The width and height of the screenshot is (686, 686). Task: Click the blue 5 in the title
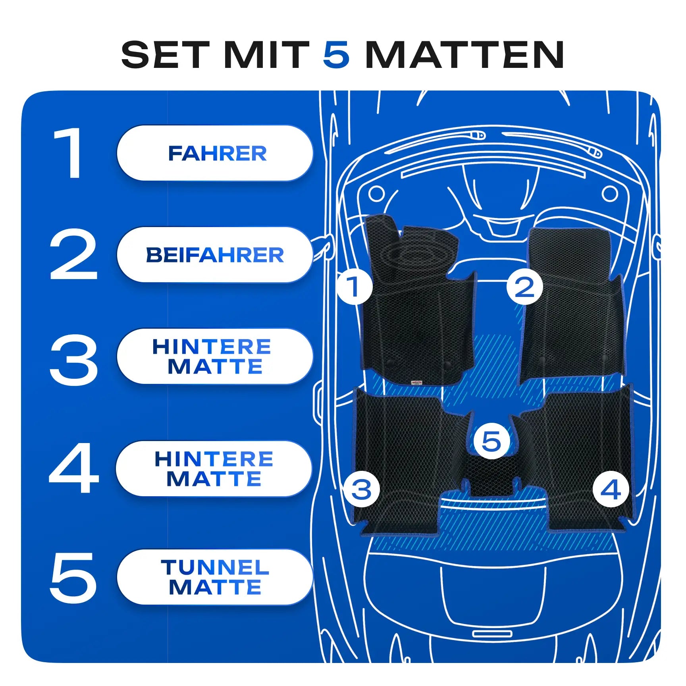(336, 54)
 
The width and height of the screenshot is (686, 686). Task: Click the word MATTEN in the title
(464, 54)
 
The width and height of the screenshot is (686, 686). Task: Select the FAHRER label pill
(215, 153)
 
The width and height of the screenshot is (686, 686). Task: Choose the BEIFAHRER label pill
(215, 254)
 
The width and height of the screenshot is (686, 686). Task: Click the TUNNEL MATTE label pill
(215, 577)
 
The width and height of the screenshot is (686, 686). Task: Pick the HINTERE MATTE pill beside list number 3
(215, 356)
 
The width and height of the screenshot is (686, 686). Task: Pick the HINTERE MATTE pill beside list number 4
(214, 468)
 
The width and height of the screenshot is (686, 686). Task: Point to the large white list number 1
(69, 153)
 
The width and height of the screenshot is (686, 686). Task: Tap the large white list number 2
(73, 254)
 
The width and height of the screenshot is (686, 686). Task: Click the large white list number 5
(73, 577)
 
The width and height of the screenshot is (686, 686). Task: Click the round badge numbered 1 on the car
(354, 286)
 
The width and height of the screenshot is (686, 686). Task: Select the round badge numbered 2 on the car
(525, 286)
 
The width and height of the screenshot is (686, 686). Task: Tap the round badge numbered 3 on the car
(362, 489)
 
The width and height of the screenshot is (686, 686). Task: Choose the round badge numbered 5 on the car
(492, 441)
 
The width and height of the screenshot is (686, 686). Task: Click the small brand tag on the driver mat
(417, 382)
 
